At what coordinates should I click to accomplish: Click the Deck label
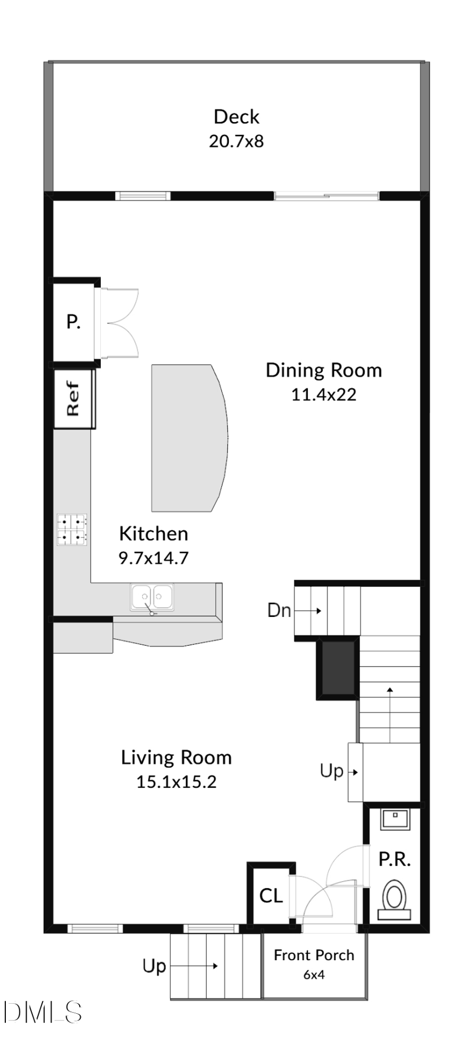(236, 117)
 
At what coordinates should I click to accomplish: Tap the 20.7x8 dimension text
(236, 142)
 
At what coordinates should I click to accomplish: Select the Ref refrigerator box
(73, 399)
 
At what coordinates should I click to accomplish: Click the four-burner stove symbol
(73, 529)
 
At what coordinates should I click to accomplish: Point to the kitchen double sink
(152, 597)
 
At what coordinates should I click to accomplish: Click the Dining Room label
(323, 370)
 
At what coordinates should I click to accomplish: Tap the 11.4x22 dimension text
(323, 394)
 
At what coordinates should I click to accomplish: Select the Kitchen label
(153, 534)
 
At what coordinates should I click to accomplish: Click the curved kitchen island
(188, 438)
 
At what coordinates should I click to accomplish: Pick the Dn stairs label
(279, 610)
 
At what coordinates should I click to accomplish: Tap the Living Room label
(176, 757)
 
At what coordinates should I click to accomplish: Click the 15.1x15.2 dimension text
(176, 781)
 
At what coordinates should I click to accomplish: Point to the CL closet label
(271, 896)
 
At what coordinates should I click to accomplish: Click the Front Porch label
(314, 955)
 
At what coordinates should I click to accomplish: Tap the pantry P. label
(73, 322)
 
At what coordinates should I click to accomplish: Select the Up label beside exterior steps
(154, 966)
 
